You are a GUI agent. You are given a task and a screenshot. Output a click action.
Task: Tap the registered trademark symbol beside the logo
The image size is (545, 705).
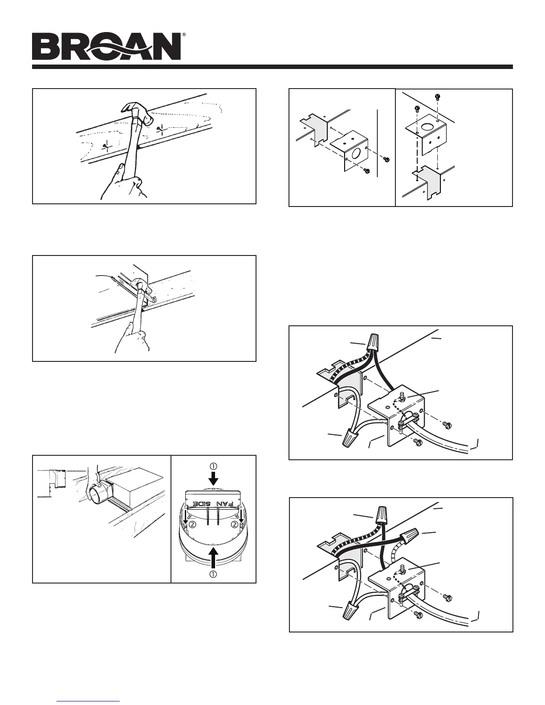pyautogui.click(x=184, y=35)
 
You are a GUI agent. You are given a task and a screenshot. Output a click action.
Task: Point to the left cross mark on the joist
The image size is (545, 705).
pyautogui.click(x=105, y=145)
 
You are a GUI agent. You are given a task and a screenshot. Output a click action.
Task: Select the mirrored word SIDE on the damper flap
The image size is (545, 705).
pyautogui.click(x=202, y=504)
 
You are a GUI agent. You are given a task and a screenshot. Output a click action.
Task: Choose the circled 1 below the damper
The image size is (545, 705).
pyautogui.click(x=214, y=574)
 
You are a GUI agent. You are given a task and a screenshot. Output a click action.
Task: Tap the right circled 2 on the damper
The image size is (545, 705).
pyautogui.click(x=235, y=524)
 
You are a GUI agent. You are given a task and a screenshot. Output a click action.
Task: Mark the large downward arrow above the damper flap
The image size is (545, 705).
pyautogui.click(x=214, y=478)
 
